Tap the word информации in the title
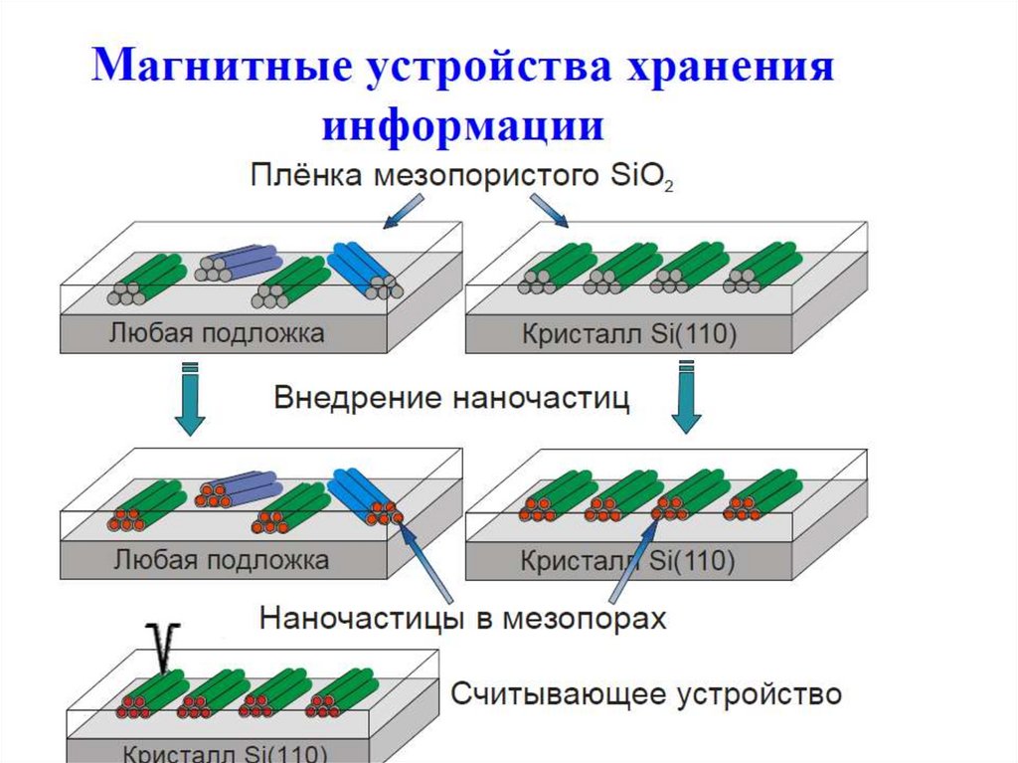click(462, 127)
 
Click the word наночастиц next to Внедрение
click(541, 399)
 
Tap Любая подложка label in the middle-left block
click(216, 559)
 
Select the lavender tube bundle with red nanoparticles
click(239, 489)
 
